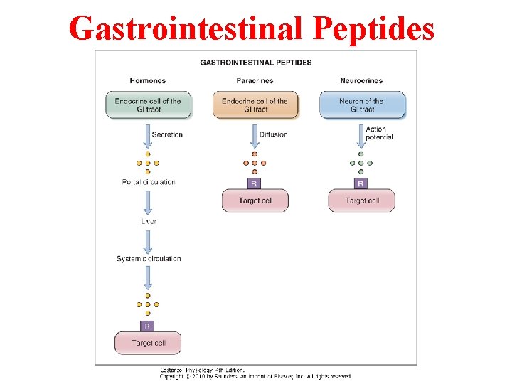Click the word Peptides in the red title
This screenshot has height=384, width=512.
point(374,28)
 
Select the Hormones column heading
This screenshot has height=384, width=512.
point(148,81)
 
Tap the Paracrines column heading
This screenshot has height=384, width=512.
point(255,81)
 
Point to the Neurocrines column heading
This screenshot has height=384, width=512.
point(362,81)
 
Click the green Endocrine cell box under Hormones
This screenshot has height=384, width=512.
point(148,105)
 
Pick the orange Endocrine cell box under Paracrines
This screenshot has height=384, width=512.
point(255,105)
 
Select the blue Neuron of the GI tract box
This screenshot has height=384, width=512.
point(362,105)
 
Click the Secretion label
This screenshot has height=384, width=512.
point(167,134)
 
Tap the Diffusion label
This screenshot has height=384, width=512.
point(273,134)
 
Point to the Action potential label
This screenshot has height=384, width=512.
point(379,133)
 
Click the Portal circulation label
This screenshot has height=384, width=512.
point(148,182)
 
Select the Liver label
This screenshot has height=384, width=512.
point(148,222)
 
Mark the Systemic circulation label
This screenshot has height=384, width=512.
point(149,259)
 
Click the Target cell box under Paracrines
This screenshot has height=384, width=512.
point(255,201)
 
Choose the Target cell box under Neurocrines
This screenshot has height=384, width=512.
point(361,201)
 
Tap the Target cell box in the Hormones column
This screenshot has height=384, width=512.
point(148,343)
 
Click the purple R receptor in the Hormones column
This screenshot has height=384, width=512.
point(147,326)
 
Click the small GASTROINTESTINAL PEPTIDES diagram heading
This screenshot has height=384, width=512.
point(256,63)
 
